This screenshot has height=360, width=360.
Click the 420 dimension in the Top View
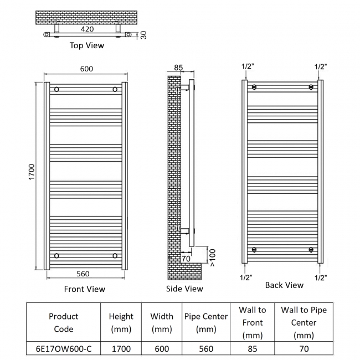pyautogui.click(x=88, y=29)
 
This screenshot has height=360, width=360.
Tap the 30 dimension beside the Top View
pyautogui.click(x=143, y=35)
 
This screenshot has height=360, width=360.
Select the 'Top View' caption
pyautogui.click(x=87, y=45)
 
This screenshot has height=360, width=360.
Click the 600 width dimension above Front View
pyautogui.click(x=86, y=69)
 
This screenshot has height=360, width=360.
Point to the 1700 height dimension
pyautogui.click(x=32, y=172)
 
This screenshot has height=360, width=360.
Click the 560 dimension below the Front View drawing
pyautogui.click(x=83, y=274)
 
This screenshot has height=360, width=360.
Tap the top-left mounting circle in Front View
pyautogui.click(x=56, y=89)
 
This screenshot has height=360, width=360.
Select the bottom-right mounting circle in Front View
pyautogui.click(x=115, y=255)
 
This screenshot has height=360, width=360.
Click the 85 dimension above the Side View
pyautogui.click(x=178, y=68)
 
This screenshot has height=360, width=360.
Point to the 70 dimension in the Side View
pyautogui.click(x=186, y=259)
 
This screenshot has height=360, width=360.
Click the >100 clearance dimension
pyautogui.click(x=212, y=258)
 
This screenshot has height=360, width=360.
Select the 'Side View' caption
pyautogui.click(x=184, y=289)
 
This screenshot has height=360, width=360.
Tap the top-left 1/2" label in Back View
pyautogui.click(x=248, y=66)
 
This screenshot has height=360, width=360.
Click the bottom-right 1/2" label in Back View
pyautogui.click(x=321, y=278)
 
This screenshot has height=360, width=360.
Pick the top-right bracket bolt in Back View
pyautogui.click(x=311, y=87)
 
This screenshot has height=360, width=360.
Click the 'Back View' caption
pyautogui.click(x=284, y=285)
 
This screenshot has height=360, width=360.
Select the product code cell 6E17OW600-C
pyautogui.click(x=64, y=349)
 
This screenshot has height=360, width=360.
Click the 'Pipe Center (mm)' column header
pyautogui.click(x=206, y=322)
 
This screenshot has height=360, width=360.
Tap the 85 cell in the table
pyautogui.click(x=253, y=349)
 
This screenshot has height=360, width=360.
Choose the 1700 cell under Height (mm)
pyautogui.click(x=121, y=349)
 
